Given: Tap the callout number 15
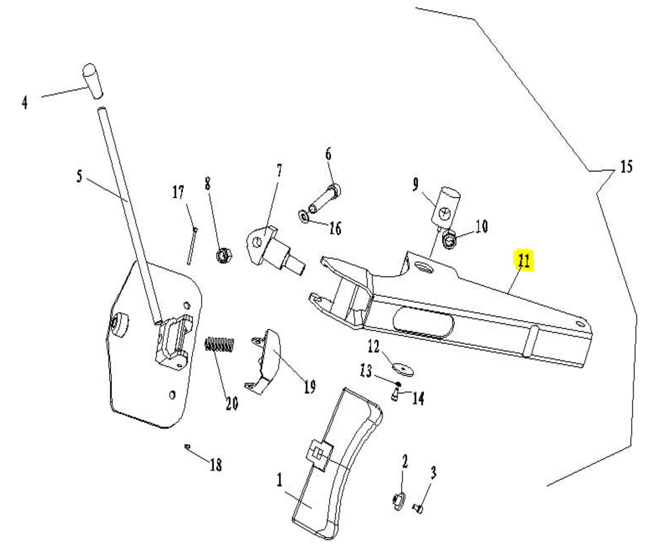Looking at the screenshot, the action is coord(626,167).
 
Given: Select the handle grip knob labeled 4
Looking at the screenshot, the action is coord(93,81).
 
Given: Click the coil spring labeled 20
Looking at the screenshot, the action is coord(220,346).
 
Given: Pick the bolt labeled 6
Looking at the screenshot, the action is coord(325,199).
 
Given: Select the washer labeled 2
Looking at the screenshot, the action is coord(398,502).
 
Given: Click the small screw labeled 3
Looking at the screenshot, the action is coord(418,507).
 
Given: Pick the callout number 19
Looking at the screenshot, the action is coord(309,386).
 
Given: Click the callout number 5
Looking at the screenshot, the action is coord(79,176).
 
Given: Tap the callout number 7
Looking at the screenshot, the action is coord(279,171).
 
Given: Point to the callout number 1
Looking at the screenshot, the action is coord(280,480).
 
